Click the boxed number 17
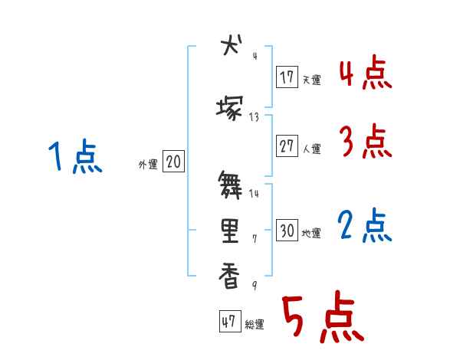[287, 77]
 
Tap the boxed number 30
[287, 231]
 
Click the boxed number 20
[173, 162]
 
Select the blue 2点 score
[365, 225]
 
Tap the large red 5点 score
[321, 319]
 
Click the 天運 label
[311, 80]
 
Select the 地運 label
[311, 233]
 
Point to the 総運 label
[254, 325]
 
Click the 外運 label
[147, 164]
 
